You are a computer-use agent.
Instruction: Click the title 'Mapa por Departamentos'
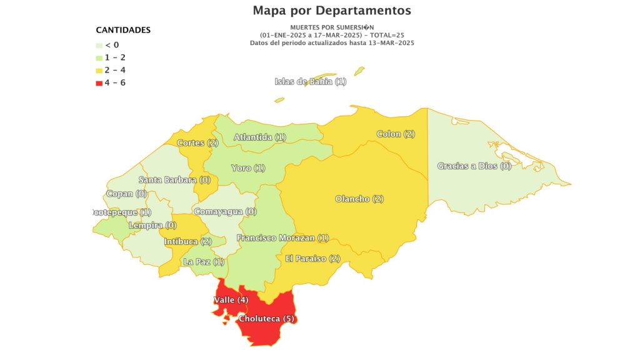[x=332, y=11]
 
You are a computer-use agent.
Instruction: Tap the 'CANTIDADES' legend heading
[x=123, y=30]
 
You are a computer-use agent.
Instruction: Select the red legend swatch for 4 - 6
[x=99, y=82]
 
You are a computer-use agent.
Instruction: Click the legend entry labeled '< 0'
[x=112, y=45]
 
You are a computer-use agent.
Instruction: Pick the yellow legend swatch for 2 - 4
[x=99, y=70]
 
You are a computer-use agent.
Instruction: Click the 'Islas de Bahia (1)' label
[x=310, y=82]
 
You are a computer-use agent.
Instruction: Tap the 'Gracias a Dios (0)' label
[x=474, y=166]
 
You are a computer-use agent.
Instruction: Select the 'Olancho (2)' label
[x=359, y=199]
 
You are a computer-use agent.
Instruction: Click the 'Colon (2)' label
[x=396, y=134]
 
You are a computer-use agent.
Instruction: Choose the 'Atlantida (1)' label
[x=259, y=137]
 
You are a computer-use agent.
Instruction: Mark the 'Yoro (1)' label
[x=248, y=168]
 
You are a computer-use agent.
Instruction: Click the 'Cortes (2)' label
[x=197, y=143]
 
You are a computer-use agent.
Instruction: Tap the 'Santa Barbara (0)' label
[x=174, y=180]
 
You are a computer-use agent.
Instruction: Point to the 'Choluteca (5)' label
[x=266, y=319]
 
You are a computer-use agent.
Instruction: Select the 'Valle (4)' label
[x=231, y=300]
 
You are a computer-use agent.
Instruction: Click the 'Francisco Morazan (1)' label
[x=282, y=238]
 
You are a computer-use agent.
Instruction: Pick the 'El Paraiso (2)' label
[x=312, y=259]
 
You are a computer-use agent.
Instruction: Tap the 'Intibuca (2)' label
[x=188, y=242]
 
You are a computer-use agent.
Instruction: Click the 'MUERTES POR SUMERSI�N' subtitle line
[x=332, y=27]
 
